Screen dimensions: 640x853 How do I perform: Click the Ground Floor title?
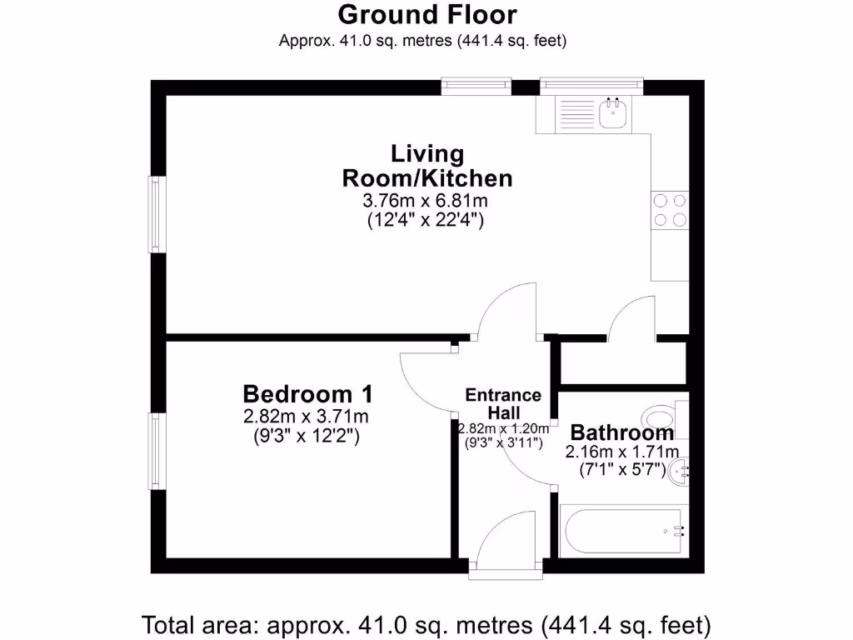tap(426, 14)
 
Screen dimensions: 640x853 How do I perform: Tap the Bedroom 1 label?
tap(307, 393)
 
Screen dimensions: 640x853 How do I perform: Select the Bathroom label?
tap(621, 433)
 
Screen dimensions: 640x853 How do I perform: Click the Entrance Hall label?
tap(503, 403)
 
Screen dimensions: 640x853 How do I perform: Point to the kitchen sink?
tap(616, 114)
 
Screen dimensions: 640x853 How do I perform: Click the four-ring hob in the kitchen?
tap(670, 210)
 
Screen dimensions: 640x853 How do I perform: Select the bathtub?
tap(621, 531)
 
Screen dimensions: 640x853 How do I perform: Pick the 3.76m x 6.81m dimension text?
tap(426, 201)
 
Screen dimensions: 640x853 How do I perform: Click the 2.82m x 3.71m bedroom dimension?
tap(307, 416)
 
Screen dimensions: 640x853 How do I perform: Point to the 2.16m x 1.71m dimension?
tap(621, 452)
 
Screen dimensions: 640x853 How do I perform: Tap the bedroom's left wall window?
tap(155, 451)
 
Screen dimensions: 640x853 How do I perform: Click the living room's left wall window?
tap(155, 214)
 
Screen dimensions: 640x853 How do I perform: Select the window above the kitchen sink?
tap(591, 85)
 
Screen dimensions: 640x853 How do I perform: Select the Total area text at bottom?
tap(426, 623)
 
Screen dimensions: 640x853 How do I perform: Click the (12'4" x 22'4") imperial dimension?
tap(426, 221)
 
